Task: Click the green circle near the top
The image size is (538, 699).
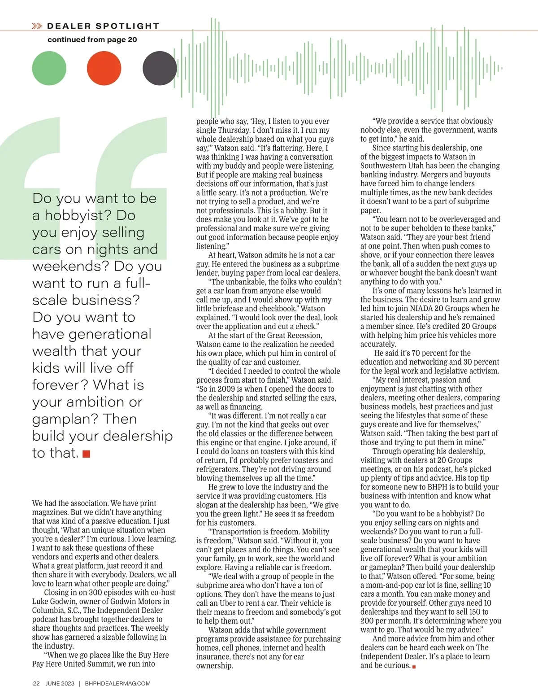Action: [49, 68]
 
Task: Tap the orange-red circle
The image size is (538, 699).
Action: [104, 68]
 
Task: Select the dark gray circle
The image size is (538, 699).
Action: [160, 68]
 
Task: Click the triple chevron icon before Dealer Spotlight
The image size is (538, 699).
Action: [37, 26]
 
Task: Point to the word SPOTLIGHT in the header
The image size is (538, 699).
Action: [127, 26]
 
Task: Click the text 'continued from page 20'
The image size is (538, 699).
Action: [92, 39]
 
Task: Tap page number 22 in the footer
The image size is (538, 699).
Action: [36, 683]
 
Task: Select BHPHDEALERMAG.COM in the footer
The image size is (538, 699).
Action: [117, 683]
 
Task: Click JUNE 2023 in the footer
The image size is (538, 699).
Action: [60, 683]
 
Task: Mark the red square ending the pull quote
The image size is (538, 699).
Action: [87, 454]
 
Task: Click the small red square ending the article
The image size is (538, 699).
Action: [414, 667]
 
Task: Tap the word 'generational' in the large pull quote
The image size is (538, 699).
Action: [92, 334]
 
